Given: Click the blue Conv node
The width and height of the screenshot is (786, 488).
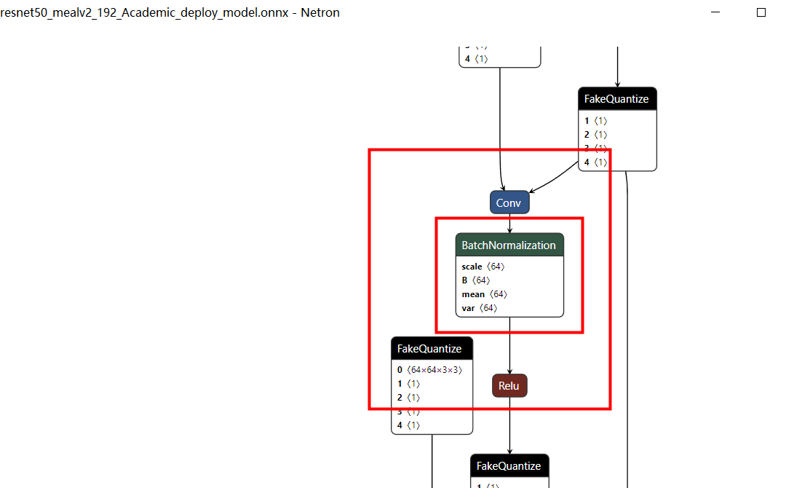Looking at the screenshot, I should (x=509, y=202).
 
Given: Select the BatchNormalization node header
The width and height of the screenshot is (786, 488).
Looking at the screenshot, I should (x=509, y=245).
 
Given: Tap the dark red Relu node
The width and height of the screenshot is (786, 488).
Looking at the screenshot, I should (x=509, y=386).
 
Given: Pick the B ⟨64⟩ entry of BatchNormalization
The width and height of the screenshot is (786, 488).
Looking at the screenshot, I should (x=476, y=280).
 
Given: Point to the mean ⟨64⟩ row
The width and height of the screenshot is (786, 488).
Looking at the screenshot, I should (x=484, y=294).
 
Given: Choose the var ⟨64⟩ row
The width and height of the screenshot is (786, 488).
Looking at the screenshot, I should (x=480, y=308).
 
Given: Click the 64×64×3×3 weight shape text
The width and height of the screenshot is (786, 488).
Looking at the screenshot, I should (x=434, y=370).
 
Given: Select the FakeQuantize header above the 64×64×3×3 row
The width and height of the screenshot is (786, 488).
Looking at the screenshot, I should (x=429, y=349).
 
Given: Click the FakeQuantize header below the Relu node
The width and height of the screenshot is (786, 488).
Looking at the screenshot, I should (x=509, y=466).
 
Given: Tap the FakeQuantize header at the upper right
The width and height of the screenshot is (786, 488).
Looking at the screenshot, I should (x=616, y=99).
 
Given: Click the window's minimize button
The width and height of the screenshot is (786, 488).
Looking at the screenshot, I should (x=716, y=12).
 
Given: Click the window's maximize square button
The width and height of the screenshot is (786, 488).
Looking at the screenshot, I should (x=761, y=12).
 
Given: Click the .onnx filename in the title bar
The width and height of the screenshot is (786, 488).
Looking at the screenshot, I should (x=146, y=12).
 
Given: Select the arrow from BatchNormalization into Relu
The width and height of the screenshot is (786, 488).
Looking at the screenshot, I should (x=509, y=347).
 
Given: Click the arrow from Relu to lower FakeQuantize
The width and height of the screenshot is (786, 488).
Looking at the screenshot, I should (x=509, y=426).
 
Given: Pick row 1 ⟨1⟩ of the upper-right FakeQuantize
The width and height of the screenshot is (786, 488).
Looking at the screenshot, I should (x=595, y=121).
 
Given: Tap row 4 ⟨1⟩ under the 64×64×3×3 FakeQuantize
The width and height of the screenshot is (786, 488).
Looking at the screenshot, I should (x=408, y=425).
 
